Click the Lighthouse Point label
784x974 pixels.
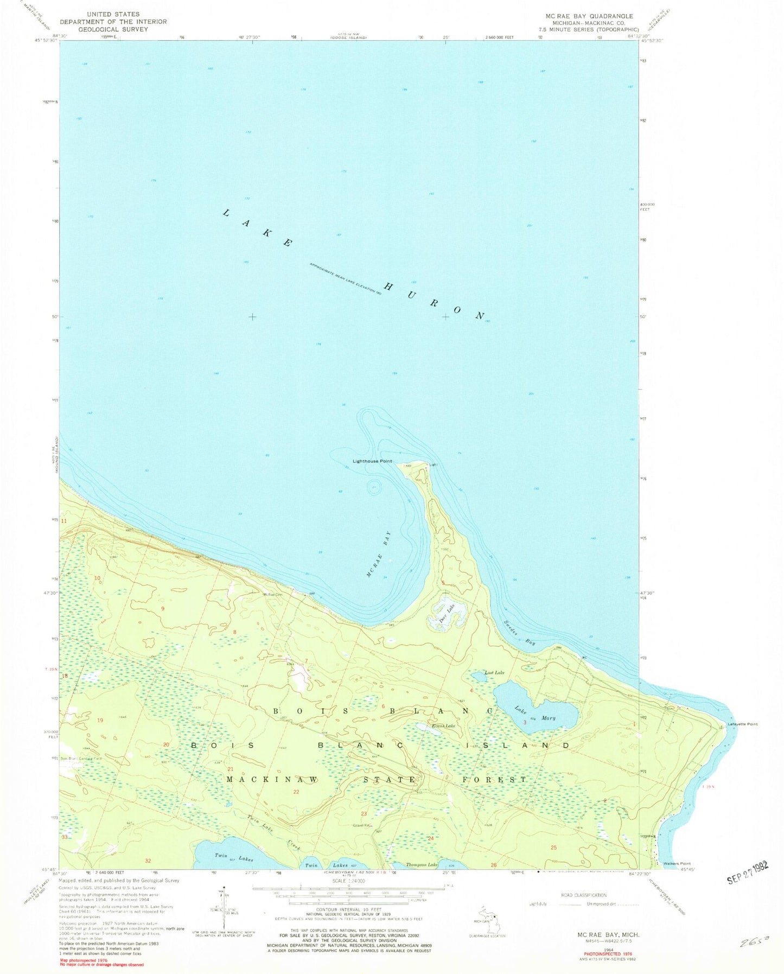click(372, 461)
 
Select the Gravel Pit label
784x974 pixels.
click(362, 826)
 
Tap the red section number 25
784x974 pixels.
click(553, 847)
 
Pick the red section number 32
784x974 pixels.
click(148, 861)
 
